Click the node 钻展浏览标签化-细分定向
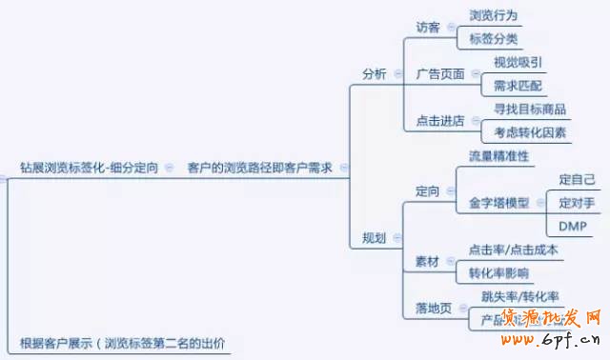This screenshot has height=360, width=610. coord(89,167)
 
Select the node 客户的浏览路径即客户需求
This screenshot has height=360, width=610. coord(259,167)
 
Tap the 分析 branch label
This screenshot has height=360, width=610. coord(375,74)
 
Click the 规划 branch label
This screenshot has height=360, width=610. coord(375,238)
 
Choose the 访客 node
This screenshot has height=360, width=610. coord(428,27)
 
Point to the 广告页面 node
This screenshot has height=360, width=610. coord(440,74)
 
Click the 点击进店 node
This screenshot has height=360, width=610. coord(440,121)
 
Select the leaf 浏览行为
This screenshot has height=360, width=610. coord(494,15)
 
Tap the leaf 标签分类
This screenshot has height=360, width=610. coord(494,39)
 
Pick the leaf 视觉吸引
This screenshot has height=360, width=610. coord(518,63)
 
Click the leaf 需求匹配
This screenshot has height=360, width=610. coord(518,87)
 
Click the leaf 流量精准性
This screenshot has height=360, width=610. coord(498,155)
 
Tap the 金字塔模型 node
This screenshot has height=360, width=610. coord(498,203)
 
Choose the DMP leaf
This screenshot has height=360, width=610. coord(573,226)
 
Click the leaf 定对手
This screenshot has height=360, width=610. coord(577,203)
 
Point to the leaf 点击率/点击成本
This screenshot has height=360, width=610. coord(513,250)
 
